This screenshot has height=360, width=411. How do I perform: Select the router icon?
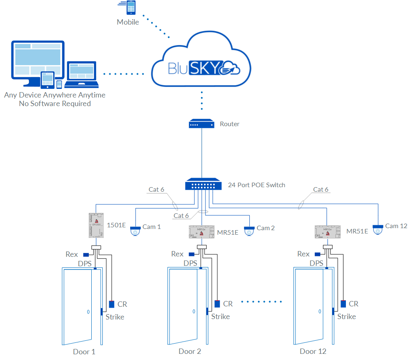(x=201, y=124)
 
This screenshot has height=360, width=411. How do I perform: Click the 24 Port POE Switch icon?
(x=201, y=185)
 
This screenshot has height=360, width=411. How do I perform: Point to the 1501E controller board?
(x=97, y=225)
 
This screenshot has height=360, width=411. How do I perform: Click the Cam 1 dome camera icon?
(x=135, y=231)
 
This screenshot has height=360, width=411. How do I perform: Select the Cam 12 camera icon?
(x=378, y=229)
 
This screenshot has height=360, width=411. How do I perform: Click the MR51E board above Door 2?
(x=202, y=232)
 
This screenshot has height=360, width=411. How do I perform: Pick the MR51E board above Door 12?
(x=327, y=232)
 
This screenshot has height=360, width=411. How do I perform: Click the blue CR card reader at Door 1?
(x=112, y=304)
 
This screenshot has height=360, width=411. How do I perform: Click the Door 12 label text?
(x=313, y=351)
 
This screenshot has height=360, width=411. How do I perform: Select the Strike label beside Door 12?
(x=346, y=317)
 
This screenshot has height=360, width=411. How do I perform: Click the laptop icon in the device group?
(x=82, y=74)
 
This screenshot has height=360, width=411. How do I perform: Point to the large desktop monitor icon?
(x=38, y=61)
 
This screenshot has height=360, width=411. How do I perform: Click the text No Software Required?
(x=55, y=104)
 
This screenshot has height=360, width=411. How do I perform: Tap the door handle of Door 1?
(x=88, y=312)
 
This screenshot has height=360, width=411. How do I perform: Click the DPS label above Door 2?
(x=190, y=263)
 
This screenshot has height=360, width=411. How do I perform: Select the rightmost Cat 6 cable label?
(x=321, y=189)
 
